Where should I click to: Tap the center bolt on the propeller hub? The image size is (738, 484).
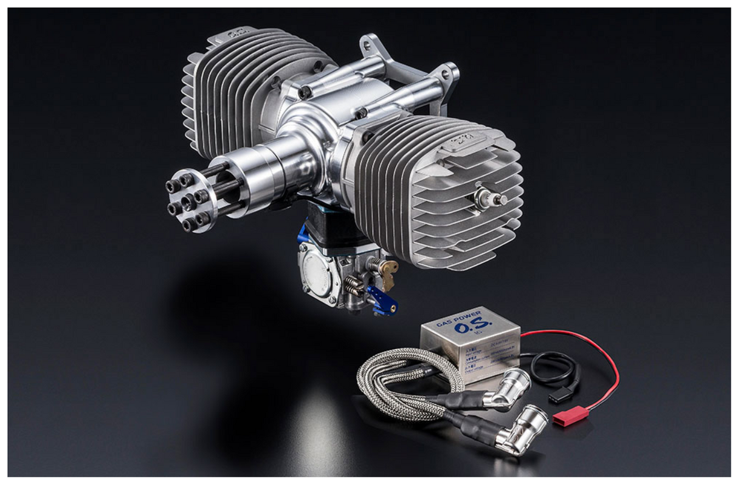(x=189, y=200)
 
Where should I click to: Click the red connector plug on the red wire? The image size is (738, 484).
(x=562, y=418)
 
